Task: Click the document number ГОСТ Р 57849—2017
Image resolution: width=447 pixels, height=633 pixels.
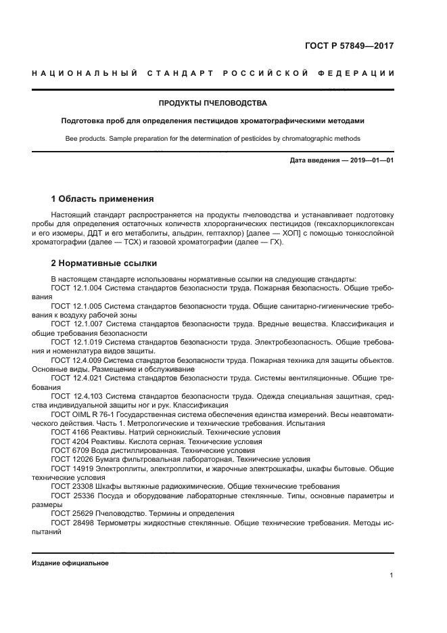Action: point(348,47)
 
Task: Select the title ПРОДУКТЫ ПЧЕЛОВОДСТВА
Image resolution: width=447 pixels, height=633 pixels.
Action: point(212,104)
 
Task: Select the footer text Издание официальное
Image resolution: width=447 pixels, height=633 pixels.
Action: point(70,563)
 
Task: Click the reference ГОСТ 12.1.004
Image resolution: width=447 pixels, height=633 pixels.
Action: point(76,288)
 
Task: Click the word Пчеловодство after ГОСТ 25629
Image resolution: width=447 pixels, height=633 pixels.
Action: point(120,513)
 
